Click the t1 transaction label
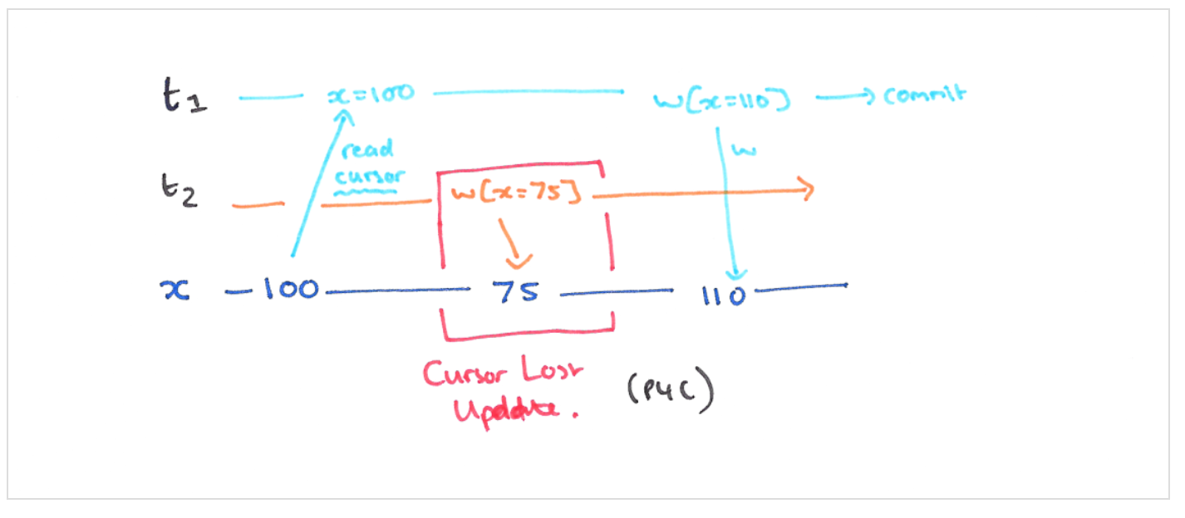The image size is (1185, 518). coord(184,98)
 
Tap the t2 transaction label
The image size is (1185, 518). coord(179,192)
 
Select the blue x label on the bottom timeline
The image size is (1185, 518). coord(174,290)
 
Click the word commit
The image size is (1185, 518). coord(925,95)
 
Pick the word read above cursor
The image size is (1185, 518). coord(366,151)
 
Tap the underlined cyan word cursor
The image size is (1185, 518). coord(371,176)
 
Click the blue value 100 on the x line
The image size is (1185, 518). coord(290,290)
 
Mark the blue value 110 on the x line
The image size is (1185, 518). coord(722,295)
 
